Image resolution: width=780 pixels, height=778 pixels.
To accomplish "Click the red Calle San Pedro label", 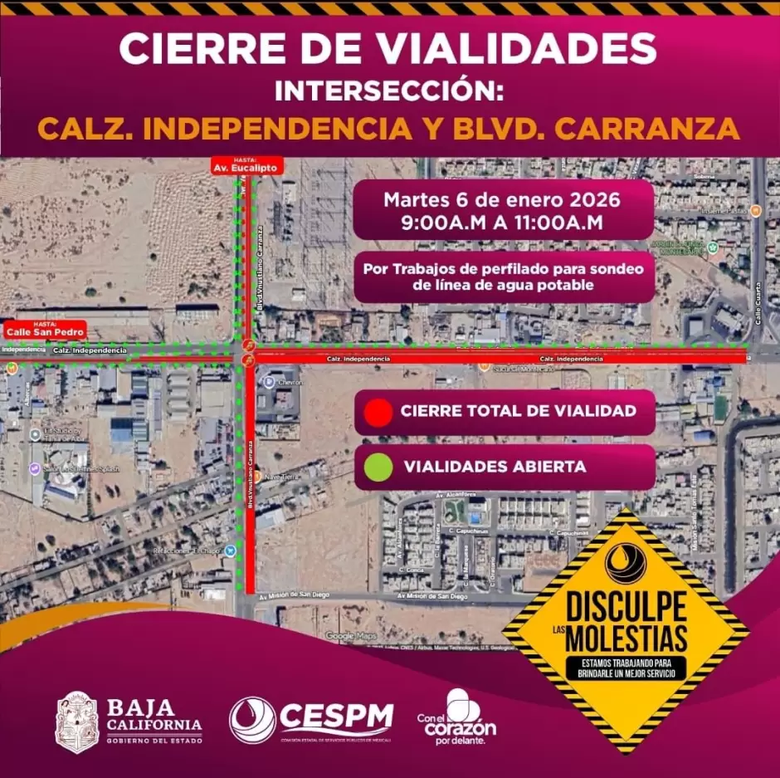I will click(46, 330).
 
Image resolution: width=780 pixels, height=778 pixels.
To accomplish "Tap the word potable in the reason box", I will click(566, 286).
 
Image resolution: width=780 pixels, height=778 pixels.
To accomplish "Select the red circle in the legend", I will click(378, 412).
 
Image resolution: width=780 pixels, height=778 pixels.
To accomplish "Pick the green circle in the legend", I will click(378, 467).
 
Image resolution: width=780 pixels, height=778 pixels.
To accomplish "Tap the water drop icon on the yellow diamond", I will click(626, 564).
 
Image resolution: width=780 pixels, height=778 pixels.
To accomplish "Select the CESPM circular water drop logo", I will click(252, 720).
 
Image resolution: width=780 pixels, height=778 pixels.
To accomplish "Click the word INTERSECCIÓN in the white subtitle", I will click(389, 90).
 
